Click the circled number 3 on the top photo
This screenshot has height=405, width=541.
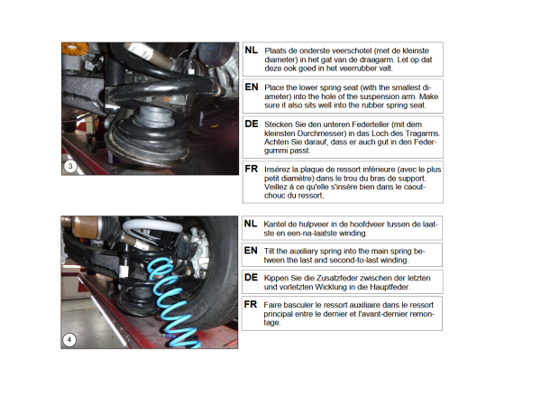(x=70, y=166)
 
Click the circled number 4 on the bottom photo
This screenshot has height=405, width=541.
(x=69, y=340)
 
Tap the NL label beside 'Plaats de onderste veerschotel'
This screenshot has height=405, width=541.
(x=252, y=51)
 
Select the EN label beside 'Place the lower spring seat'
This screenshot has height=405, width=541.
(x=252, y=87)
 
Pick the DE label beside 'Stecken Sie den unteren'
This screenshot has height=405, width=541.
(x=252, y=124)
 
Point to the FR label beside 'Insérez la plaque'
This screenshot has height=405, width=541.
(x=252, y=169)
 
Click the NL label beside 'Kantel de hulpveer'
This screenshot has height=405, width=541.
(x=251, y=224)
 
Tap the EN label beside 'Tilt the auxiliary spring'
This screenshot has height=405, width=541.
(x=251, y=251)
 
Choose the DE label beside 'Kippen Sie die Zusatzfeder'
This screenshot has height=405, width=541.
(x=251, y=278)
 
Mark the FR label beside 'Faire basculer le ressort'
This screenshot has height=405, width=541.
(x=251, y=305)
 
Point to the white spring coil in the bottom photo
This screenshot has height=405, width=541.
(x=151, y=226)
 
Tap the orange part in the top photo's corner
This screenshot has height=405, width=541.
(x=75, y=49)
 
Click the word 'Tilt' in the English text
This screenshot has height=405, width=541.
(x=269, y=252)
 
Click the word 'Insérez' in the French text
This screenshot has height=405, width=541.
(x=277, y=170)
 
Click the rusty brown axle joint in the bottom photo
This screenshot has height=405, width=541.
(x=85, y=226)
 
